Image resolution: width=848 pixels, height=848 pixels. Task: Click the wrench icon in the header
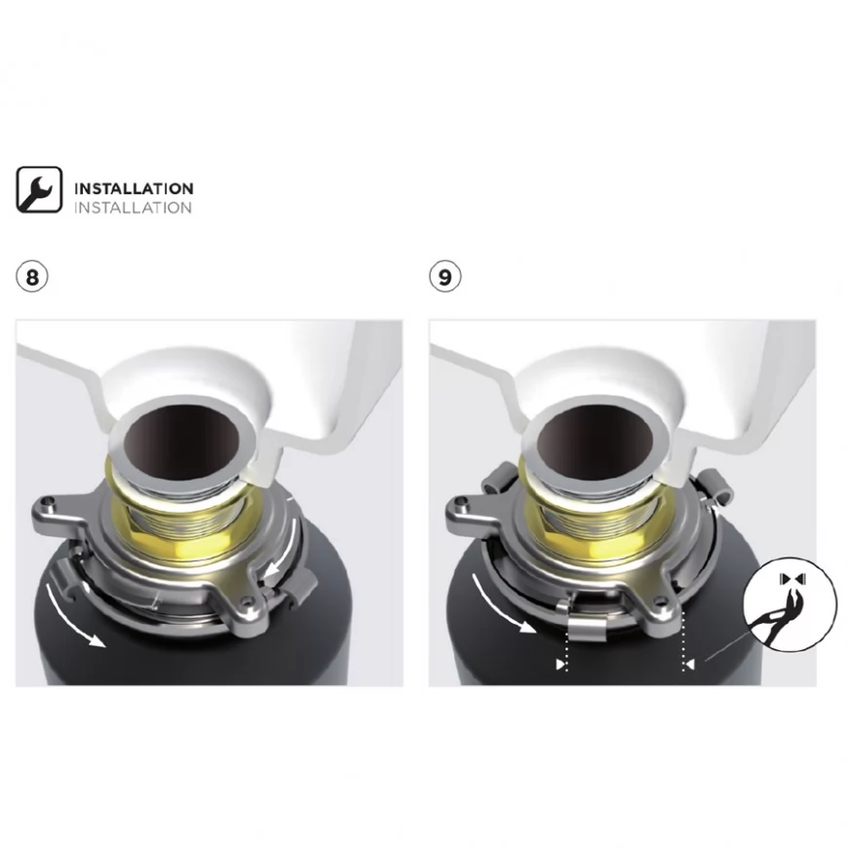coord(39,189)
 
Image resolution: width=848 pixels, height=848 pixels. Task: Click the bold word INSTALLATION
coord(134,189)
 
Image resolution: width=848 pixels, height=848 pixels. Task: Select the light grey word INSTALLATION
coord(133,208)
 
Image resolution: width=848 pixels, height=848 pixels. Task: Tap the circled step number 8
coord(32,277)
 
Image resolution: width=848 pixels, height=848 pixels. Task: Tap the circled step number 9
coord(445,277)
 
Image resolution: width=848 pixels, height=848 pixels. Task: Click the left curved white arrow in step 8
coord(70,617)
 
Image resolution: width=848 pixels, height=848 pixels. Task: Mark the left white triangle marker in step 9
coord(560,664)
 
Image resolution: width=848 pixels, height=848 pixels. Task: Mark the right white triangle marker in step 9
coord(689,664)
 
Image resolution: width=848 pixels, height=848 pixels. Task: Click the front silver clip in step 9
coord(587,629)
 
